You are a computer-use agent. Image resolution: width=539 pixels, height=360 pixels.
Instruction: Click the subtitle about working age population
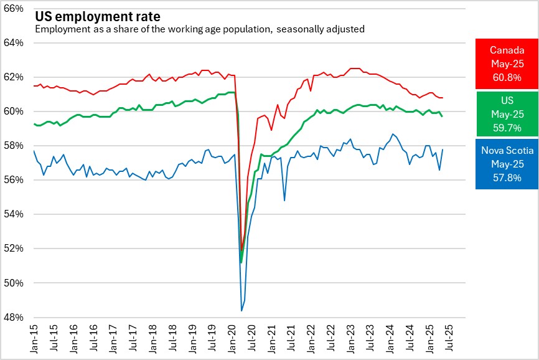click(x=199, y=29)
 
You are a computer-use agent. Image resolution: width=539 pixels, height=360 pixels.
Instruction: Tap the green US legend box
click(x=506, y=115)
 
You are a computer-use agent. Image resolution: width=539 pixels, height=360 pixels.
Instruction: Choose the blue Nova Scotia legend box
click(x=506, y=164)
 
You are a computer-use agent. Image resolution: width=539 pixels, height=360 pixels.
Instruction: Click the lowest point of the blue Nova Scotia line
click(x=241, y=310)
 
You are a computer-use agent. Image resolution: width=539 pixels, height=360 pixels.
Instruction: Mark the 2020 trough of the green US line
click(x=241, y=262)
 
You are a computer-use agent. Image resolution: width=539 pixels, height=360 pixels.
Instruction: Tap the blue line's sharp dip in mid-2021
click(x=284, y=200)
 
